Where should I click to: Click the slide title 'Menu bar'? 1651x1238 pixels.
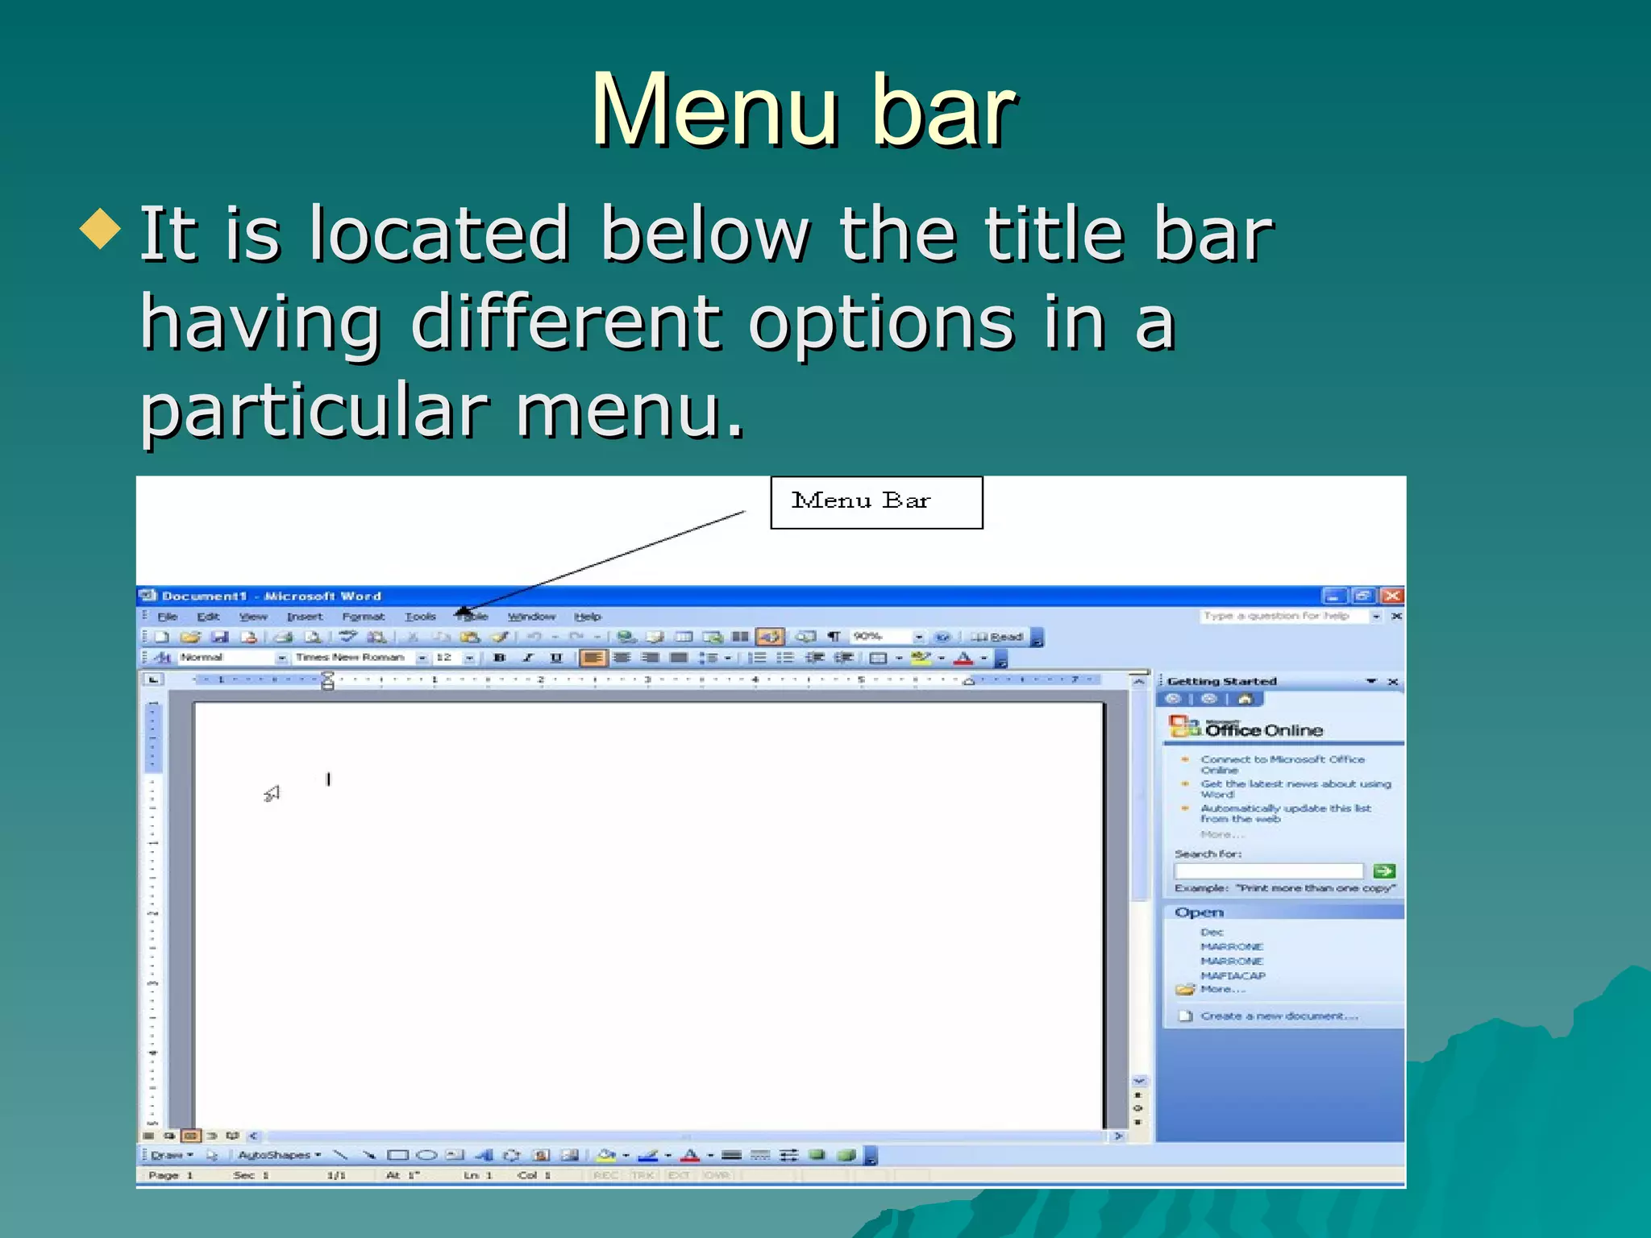pos(804,110)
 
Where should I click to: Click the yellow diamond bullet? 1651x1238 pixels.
pos(101,229)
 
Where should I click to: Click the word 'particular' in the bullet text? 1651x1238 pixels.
pos(314,411)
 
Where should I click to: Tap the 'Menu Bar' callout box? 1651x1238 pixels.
pos(876,502)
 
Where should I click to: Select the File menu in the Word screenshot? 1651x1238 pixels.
pos(168,617)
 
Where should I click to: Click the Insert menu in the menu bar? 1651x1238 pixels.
pos(305,617)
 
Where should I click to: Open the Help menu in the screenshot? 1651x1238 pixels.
pos(588,617)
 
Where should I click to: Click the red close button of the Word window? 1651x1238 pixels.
pos(1391,596)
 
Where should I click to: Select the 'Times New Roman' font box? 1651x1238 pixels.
pos(351,658)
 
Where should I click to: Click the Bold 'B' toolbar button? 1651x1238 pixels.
pos(499,658)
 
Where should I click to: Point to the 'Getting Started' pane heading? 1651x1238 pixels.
pos(1222,682)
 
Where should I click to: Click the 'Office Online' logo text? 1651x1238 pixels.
pos(1263,730)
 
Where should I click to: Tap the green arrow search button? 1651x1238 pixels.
pos(1384,870)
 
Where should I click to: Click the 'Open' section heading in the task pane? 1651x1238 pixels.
pos(1200,912)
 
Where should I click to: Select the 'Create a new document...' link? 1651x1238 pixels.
pos(1279,1016)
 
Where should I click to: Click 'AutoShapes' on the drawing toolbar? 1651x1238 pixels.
pos(275,1155)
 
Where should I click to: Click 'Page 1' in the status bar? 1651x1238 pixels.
pos(171,1175)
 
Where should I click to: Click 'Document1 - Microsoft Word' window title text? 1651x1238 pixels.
pos(272,596)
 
